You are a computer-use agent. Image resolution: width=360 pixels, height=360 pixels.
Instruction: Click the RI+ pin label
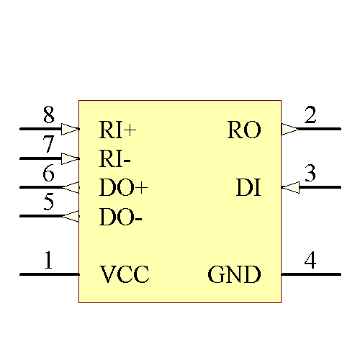pos(117,130)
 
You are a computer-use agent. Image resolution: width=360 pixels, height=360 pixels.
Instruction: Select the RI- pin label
pos(114,158)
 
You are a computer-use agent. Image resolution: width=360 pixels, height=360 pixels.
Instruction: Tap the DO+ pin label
pos(123,188)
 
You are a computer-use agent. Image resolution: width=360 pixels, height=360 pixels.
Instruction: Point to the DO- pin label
pos(120,217)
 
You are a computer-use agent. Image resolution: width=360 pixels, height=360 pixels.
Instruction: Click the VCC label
pos(125,274)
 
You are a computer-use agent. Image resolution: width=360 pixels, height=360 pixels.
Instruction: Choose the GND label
pos(234,274)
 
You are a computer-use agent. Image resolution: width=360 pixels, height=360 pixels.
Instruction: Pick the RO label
pos(243,130)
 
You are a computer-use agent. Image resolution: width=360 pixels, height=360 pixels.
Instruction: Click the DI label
pos(248,188)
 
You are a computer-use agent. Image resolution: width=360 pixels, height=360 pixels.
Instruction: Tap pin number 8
pos(48,115)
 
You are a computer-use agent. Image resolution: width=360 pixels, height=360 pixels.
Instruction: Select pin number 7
pos(48,145)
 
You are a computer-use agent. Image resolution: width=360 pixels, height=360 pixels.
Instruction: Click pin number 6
pos(48,174)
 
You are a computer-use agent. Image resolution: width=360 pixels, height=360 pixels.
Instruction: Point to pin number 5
pos(48,202)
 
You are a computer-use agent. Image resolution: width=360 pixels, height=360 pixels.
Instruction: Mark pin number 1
pos(48,260)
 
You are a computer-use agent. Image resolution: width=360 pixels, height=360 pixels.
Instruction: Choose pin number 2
pos(310,115)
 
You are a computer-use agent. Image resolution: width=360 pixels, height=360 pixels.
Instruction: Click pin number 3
pos(310,174)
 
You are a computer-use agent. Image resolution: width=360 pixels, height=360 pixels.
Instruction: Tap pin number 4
pos(310,260)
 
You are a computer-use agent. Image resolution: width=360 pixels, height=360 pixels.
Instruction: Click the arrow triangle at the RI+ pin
pos(71,130)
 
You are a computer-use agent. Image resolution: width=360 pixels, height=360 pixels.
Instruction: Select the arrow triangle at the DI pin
pos(289,187)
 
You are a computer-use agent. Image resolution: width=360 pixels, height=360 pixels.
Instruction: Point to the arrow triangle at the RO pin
pos(289,130)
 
